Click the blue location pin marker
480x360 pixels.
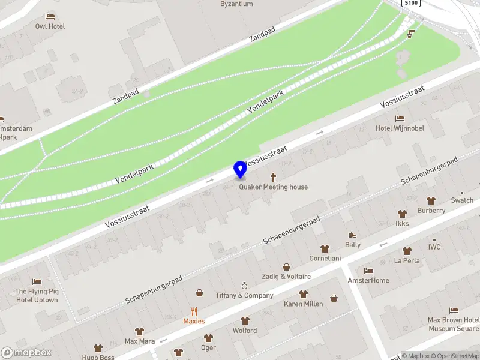click(240, 169)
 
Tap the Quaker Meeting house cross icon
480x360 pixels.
click(274, 177)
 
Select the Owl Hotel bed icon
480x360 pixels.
click(50, 17)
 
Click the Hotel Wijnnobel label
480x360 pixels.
click(400, 128)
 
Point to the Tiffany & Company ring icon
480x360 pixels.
click(244, 285)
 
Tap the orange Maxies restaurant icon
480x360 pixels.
click(194, 311)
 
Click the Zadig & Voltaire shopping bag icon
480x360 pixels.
click(286, 267)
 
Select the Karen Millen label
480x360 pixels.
click(303, 304)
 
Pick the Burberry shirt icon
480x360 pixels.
click(431, 200)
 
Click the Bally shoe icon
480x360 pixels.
click(352, 235)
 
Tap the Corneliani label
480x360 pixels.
click(325, 258)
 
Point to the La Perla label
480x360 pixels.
click(407, 260)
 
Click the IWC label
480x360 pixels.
click(434, 247)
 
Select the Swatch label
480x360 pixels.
click(462, 200)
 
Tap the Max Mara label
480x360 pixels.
click(139, 341)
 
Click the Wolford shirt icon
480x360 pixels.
click(245, 320)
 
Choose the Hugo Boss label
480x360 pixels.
click(98, 356)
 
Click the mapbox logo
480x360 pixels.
click(26, 353)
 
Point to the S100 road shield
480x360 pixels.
click(411, 3)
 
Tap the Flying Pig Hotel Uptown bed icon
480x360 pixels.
click(37, 281)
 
